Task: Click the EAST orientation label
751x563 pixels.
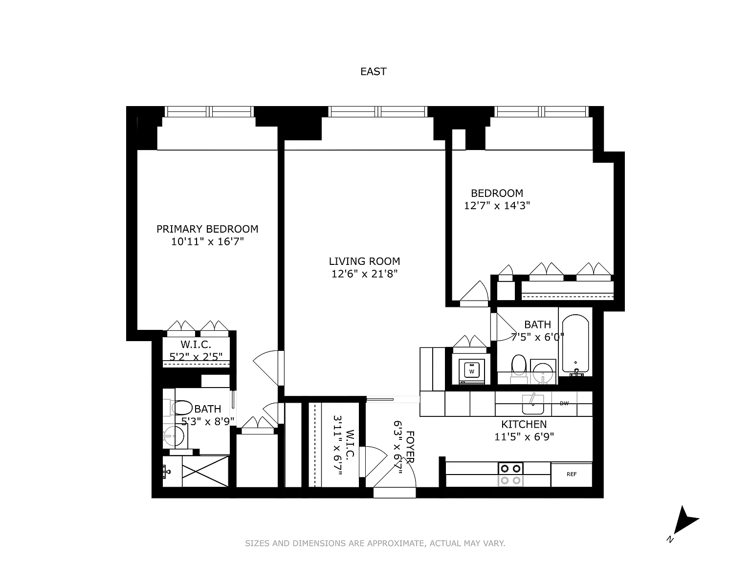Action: pyautogui.click(x=373, y=71)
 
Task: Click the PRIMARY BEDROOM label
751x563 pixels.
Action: pyautogui.click(x=207, y=229)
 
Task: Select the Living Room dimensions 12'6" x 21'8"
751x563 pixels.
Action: pyautogui.click(x=364, y=274)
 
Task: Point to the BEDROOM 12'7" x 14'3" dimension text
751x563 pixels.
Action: pyautogui.click(x=497, y=205)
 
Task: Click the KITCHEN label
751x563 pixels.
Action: pyautogui.click(x=524, y=424)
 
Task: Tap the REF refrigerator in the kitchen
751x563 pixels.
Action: pyautogui.click(x=572, y=475)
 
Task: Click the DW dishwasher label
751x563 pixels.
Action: pyautogui.click(x=564, y=403)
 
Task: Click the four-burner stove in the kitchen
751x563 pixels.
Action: pyautogui.click(x=510, y=474)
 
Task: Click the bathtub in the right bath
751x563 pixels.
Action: pyautogui.click(x=575, y=345)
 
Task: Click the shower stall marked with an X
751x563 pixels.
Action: pyautogui.click(x=205, y=471)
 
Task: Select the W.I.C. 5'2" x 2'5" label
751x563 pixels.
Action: pyautogui.click(x=196, y=351)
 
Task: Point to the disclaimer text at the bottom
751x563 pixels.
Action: pyautogui.click(x=375, y=543)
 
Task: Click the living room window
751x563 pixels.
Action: pyautogui.click(x=378, y=111)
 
